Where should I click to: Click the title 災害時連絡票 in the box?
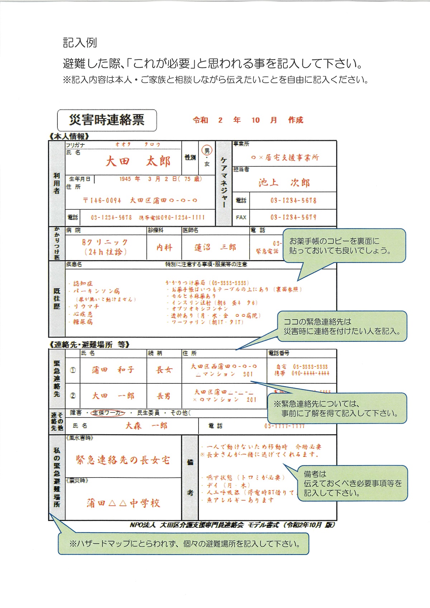(107, 120)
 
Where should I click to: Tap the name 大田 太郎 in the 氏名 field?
(138, 161)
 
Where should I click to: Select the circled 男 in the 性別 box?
(207, 150)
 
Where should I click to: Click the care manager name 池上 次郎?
(284, 183)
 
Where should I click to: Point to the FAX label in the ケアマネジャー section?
(241, 217)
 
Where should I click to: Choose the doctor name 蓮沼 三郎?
(215, 247)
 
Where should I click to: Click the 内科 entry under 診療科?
(164, 247)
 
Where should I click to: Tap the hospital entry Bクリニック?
(105, 243)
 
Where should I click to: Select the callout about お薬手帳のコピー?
(344, 246)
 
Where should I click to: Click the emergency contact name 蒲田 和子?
(113, 370)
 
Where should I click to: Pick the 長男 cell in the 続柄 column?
(164, 396)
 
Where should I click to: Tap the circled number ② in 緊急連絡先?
(73, 396)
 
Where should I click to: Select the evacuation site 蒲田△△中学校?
(123, 503)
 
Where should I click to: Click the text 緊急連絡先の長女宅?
(123, 460)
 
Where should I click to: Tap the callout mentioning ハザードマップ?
(183, 544)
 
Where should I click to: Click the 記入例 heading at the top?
(80, 43)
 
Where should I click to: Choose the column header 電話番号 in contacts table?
(279, 353)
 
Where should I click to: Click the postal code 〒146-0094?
(102, 201)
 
